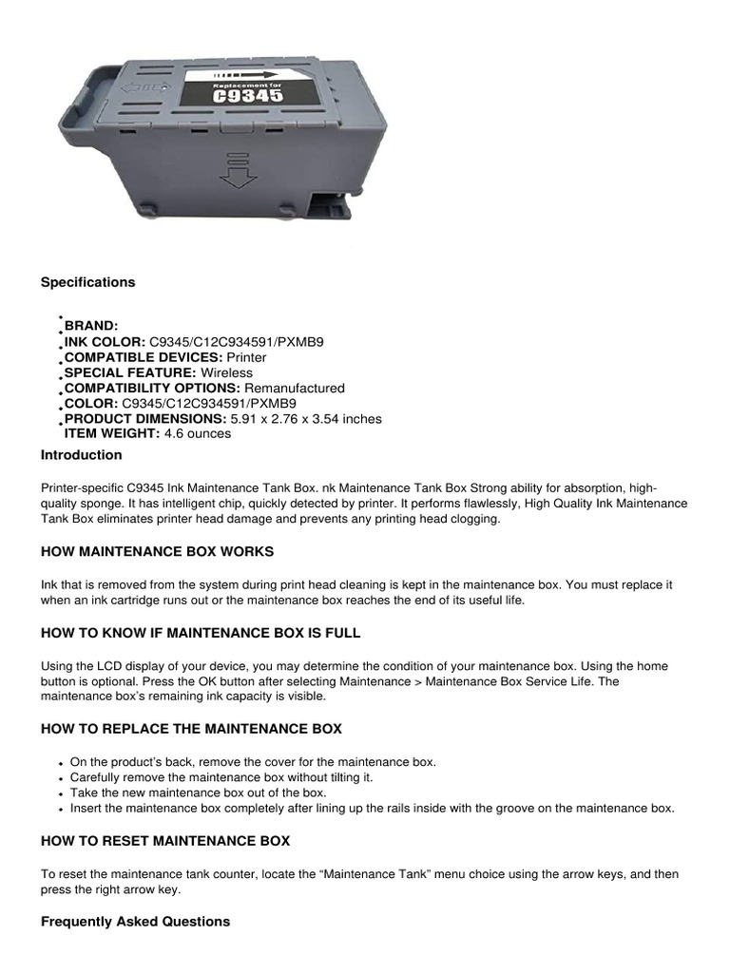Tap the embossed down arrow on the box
point(233,168)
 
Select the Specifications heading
point(87,282)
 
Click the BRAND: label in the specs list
point(91,326)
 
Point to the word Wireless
point(226,372)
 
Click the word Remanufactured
point(295,388)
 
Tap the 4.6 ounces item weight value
point(198,433)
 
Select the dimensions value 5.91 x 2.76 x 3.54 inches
point(306,418)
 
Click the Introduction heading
point(81,455)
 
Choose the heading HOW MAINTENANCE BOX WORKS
point(157,551)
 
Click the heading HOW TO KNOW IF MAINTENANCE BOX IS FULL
point(201,633)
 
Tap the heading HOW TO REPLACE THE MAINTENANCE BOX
point(191,729)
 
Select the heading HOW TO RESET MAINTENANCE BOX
point(165,841)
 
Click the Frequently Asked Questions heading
point(135,922)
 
